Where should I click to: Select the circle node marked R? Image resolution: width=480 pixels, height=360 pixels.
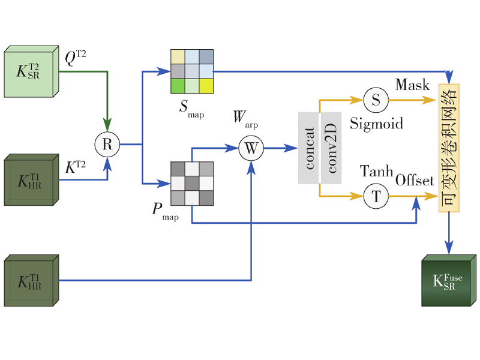click(107, 144)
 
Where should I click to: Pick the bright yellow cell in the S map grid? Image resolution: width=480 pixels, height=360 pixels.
click(206, 85)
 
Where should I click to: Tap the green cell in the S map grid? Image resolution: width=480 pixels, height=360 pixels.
click(177, 85)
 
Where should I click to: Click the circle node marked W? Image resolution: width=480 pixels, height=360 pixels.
click(251, 148)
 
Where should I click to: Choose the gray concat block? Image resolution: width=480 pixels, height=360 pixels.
click(308, 148)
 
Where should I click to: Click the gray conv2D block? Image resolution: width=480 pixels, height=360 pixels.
click(331, 148)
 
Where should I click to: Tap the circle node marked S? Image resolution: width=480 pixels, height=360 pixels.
click(376, 100)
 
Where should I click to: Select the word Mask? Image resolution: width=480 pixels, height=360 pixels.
click(412, 84)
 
